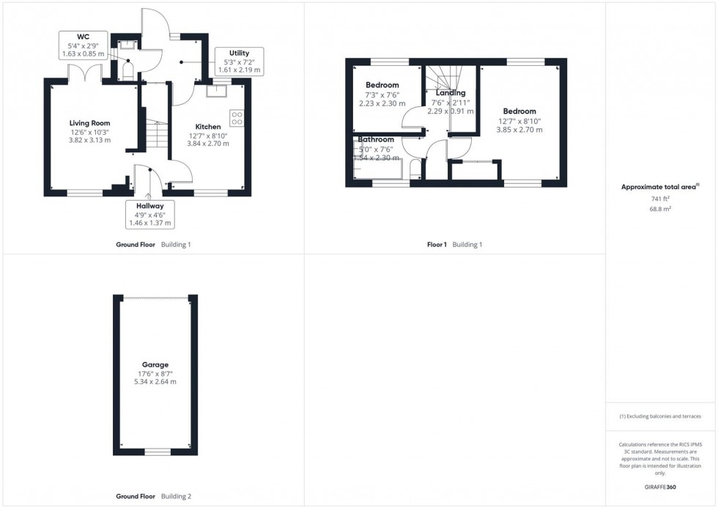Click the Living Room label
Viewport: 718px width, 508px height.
[89, 122]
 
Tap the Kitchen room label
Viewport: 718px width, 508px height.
[207, 127]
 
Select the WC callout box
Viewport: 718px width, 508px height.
[83, 45]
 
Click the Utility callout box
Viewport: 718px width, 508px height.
[239, 61]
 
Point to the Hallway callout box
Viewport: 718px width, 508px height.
[149, 214]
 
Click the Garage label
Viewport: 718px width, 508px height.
[155, 364]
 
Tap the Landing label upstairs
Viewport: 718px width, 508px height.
[450, 93]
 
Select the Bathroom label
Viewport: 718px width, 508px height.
[376, 139]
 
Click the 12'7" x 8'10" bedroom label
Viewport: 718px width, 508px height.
[519, 111]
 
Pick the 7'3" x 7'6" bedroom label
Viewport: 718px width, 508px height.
[382, 85]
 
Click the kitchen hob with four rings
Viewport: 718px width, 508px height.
[237, 118]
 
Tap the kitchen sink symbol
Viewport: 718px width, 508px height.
[216, 92]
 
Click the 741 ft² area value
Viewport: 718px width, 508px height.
[661, 199]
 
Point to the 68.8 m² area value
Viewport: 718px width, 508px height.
[661, 208]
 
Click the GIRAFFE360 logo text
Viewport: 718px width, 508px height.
[661, 486]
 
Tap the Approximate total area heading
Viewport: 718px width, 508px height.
[661, 187]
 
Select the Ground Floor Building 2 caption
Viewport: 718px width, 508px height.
[153, 496]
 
